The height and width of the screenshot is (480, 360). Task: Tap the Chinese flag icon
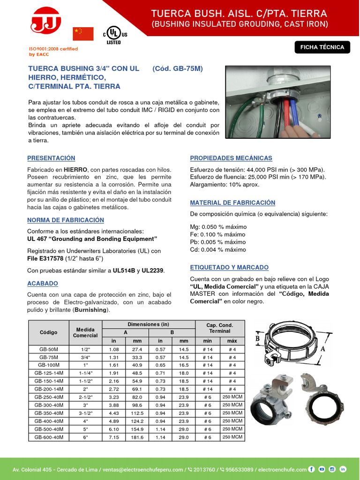click(x=83, y=34)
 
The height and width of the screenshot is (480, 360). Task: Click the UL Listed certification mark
click(x=113, y=35)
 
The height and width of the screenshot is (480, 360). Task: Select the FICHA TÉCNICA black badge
click(x=322, y=47)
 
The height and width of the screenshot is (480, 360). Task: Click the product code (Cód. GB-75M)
click(x=178, y=68)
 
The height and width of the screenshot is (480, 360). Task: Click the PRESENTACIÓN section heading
click(x=51, y=158)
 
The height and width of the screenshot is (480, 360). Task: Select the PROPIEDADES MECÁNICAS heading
click(x=231, y=158)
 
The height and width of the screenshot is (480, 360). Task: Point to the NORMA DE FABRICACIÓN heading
click(x=66, y=220)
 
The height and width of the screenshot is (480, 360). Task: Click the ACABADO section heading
click(x=43, y=283)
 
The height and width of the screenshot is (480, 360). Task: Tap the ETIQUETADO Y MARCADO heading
click(x=229, y=267)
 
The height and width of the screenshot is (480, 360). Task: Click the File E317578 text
click(x=49, y=259)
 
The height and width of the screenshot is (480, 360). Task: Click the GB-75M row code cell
click(x=49, y=357)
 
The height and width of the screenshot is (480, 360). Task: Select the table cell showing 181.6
click(x=137, y=437)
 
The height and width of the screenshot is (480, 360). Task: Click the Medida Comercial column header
click(x=85, y=332)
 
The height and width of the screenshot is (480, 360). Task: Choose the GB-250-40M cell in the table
click(x=49, y=397)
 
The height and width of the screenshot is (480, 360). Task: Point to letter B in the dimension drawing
click(x=257, y=338)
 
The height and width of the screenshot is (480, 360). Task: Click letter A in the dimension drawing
click(x=323, y=349)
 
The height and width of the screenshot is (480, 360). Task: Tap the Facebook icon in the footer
click(x=311, y=469)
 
